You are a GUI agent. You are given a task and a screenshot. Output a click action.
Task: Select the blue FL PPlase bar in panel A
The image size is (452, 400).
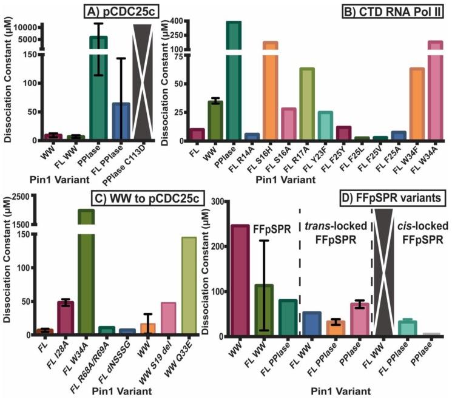click(x=121, y=121)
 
